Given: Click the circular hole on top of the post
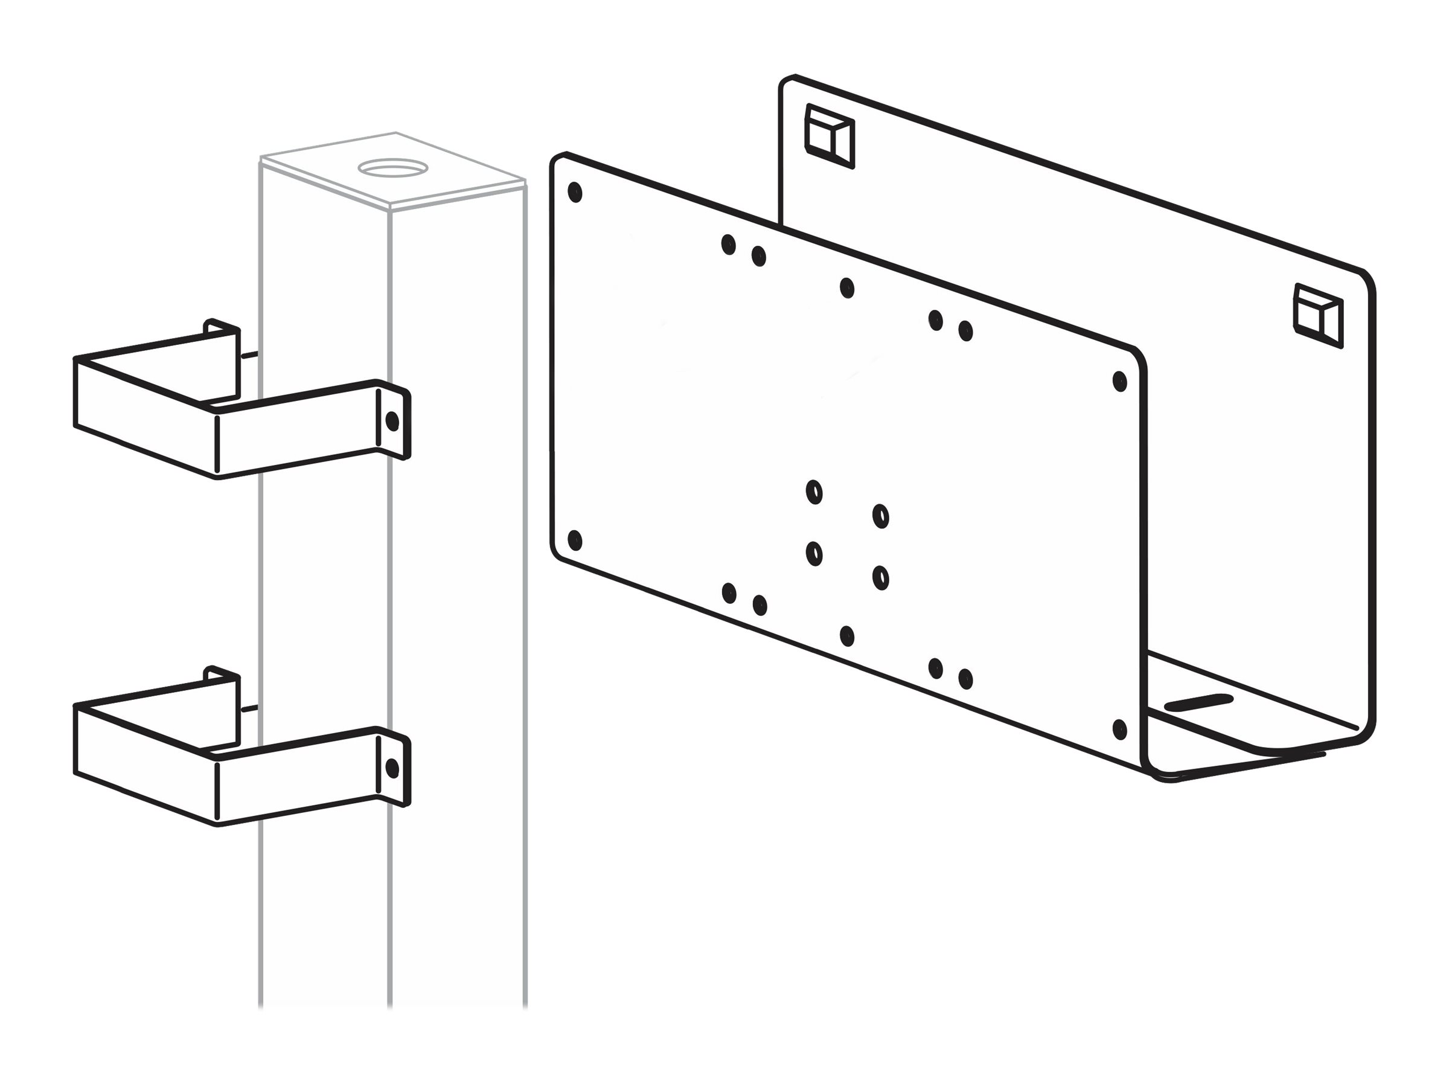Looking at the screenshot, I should (392, 168).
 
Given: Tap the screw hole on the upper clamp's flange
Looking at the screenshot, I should (392, 422).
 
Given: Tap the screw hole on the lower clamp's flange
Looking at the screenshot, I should (392, 768).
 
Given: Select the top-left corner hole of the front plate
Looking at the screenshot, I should (575, 193).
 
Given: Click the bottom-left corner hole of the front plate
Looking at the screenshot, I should (575, 540).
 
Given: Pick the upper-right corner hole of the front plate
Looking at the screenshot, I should (1119, 381).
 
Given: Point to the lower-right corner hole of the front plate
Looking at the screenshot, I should (1119, 729).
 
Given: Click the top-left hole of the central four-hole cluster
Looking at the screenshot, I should (814, 492).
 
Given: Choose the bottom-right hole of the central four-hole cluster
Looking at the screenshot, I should (880, 577).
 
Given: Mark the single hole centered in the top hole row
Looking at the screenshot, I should (846, 287).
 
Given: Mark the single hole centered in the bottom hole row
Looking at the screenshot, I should (846, 635).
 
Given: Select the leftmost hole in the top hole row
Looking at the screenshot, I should (728, 245).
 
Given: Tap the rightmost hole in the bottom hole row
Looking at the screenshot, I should (965, 679).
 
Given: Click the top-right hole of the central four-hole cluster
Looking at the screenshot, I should (880, 516).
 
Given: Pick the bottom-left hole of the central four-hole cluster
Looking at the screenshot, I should (814, 554).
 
